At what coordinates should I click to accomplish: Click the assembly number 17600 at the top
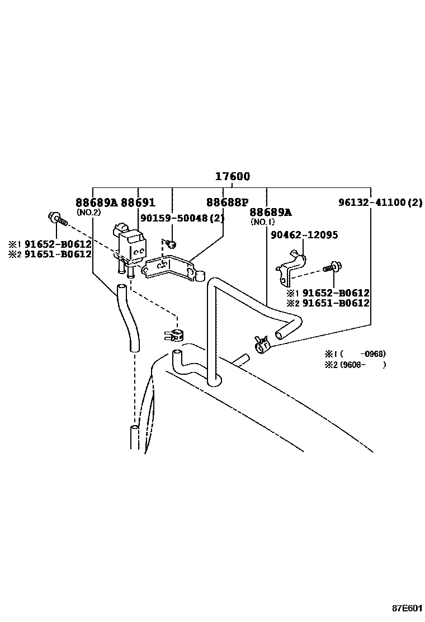(233, 177)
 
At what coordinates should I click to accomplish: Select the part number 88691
(138, 202)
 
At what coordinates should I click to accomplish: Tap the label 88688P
(227, 202)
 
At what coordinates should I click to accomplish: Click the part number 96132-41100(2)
(380, 202)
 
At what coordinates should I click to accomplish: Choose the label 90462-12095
(304, 235)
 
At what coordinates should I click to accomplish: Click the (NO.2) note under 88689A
(88, 213)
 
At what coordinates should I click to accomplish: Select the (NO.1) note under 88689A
(262, 222)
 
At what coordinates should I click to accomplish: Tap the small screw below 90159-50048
(173, 243)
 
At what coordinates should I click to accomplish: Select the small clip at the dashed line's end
(173, 336)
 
